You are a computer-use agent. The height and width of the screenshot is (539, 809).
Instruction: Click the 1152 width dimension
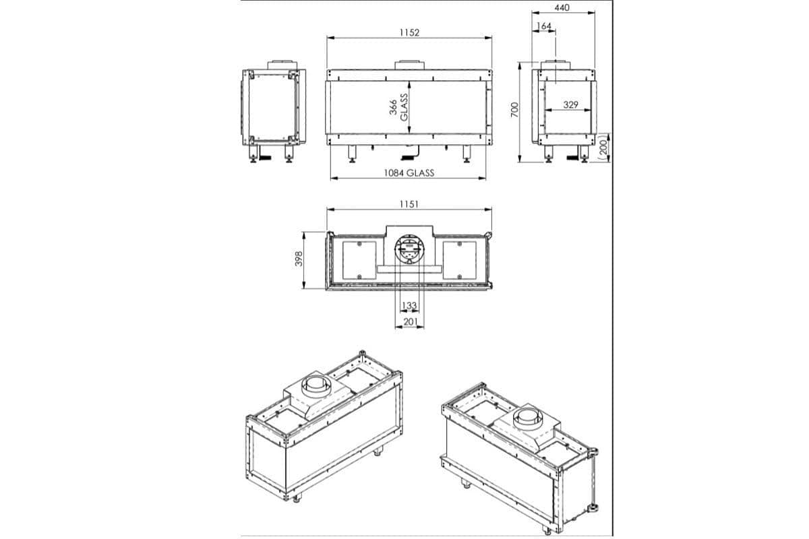click(x=409, y=32)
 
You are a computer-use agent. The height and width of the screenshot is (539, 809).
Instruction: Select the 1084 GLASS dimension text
click(x=409, y=173)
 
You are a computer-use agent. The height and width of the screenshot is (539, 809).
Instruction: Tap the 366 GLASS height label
click(x=398, y=107)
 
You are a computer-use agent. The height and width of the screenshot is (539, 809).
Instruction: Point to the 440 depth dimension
click(x=562, y=7)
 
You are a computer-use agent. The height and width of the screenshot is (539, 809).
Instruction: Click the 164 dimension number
click(x=544, y=26)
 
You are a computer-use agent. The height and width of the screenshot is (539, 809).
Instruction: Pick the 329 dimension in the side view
click(x=570, y=104)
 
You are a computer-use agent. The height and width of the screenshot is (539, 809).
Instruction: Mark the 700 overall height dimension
click(x=514, y=110)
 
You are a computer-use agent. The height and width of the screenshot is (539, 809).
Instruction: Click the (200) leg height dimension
click(x=603, y=148)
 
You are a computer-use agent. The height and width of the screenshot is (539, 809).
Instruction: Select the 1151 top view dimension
click(x=409, y=204)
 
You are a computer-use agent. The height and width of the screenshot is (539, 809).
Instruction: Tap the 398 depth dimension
click(x=299, y=259)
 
